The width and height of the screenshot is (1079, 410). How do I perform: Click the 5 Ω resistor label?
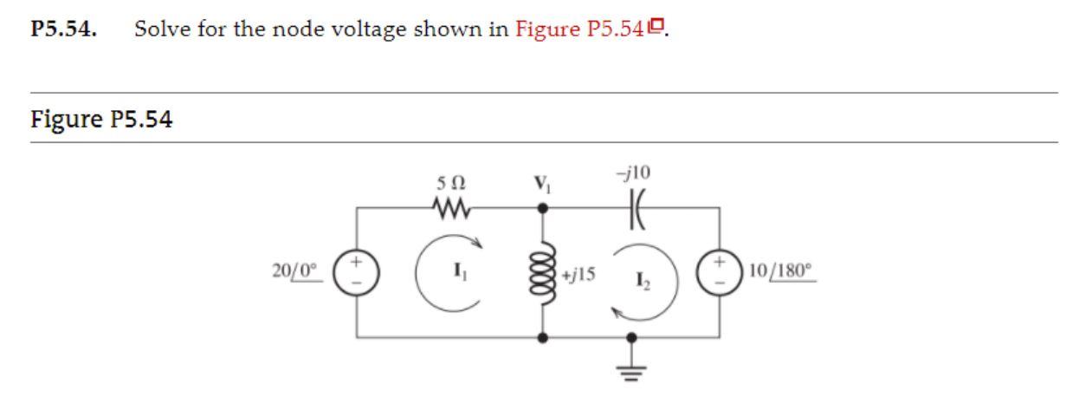pos(450,185)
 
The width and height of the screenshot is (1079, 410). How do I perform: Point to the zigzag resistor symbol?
pos(450,208)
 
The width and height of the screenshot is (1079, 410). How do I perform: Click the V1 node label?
pos(544,185)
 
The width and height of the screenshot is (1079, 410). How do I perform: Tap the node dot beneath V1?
pos(544,208)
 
